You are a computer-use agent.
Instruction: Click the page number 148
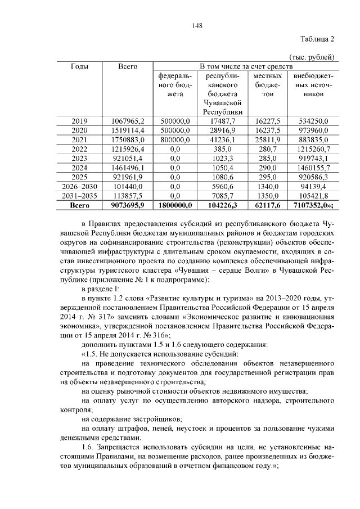coord(196,25)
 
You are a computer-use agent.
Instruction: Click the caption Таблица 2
coord(316,39)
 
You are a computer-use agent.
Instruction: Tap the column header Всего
coord(128,67)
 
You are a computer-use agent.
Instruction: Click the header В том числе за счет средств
coord(245,67)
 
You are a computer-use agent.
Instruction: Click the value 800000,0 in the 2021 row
coord(175,139)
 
